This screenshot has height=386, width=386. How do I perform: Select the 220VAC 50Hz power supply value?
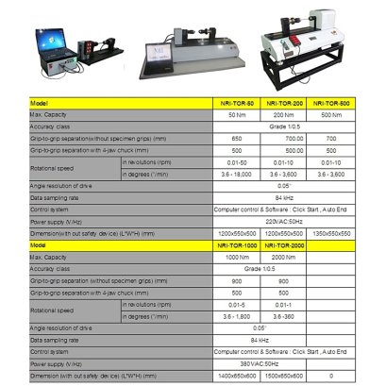tap(282, 221)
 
